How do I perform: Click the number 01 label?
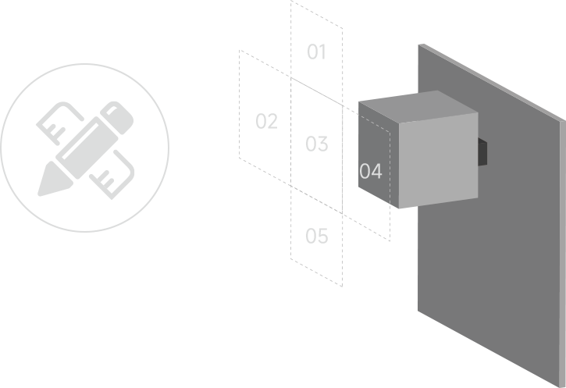[x=317, y=52]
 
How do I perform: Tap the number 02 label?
[x=267, y=121]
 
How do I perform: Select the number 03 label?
[x=317, y=144]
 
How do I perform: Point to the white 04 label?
[x=371, y=171]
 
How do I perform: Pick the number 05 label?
[x=317, y=236]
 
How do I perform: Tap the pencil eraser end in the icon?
[x=117, y=118]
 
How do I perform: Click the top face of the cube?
[x=418, y=106]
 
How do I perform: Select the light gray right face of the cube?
[x=439, y=160]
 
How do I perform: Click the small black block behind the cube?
[x=482, y=152]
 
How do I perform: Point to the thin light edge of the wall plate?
[x=563, y=253]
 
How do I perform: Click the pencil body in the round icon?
[x=87, y=148]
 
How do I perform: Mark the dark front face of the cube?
[x=379, y=155]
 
